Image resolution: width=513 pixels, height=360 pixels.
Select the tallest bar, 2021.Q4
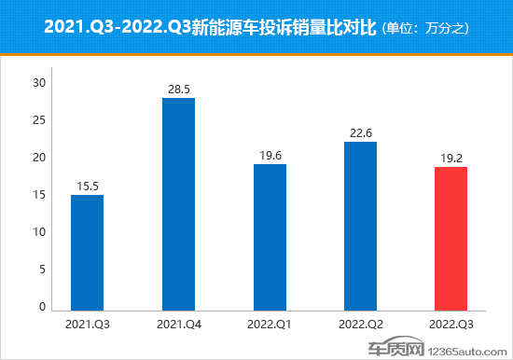[x=178, y=203]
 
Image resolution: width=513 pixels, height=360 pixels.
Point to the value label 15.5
[x=87, y=187]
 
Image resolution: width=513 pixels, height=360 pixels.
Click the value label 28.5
[x=178, y=89]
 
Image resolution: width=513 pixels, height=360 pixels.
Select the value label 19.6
[x=270, y=156]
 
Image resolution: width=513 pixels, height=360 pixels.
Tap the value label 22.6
[x=360, y=133]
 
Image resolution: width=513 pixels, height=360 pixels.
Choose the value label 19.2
[x=451, y=159]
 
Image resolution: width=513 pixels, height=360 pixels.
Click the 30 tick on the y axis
[x=39, y=83]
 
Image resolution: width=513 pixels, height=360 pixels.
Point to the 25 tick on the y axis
[x=39, y=120]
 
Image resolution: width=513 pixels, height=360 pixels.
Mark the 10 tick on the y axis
[x=39, y=232]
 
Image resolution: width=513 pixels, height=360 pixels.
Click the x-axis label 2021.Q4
[x=178, y=324]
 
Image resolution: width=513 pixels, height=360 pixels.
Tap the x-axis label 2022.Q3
[x=451, y=324]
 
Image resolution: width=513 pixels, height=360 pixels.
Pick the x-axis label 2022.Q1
[x=270, y=324]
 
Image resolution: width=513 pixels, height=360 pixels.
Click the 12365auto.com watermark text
[x=471, y=347]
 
